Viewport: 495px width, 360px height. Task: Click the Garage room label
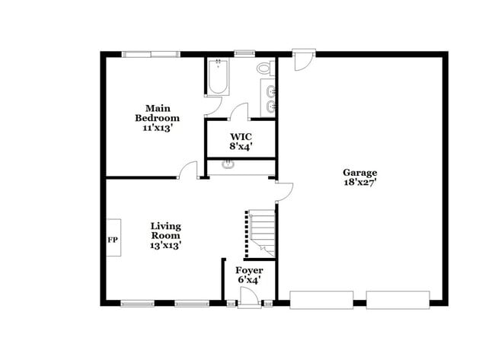click(359, 173)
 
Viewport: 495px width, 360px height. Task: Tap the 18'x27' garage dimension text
click(359, 183)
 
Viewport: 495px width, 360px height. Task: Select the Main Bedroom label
click(157, 113)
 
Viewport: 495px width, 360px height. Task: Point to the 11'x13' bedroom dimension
click(157, 128)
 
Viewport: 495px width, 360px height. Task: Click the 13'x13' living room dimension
click(165, 245)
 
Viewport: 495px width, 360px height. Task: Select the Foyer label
click(249, 271)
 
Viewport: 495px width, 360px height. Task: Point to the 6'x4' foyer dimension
click(249, 281)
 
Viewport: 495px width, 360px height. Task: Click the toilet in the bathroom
click(264, 68)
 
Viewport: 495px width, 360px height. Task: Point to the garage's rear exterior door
click(304, 60)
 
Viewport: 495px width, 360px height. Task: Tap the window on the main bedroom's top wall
click(151, 54)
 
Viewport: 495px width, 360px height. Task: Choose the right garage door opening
click(398, 300)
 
